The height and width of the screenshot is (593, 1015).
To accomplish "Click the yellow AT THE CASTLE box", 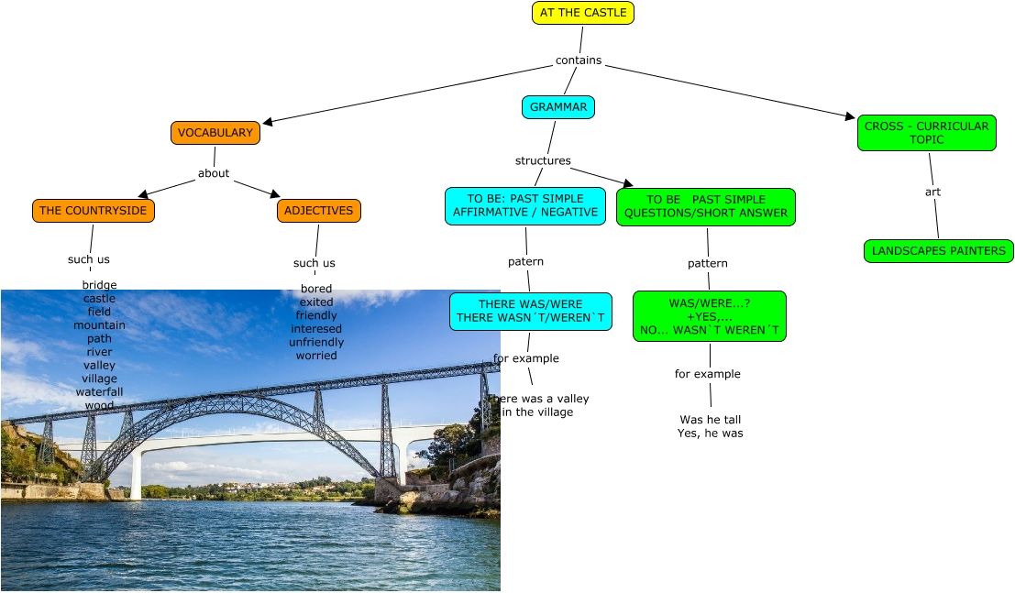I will coord(583,13).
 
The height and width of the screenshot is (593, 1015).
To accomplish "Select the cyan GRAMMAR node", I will coord(558,107).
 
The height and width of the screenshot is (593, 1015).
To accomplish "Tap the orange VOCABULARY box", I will coord(215,133).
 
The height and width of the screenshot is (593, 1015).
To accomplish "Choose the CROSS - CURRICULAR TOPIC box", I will coord(926,133).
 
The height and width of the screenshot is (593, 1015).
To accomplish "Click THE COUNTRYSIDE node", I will coord(94,211).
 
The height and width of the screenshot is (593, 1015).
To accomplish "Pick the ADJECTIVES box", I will coord(318,211).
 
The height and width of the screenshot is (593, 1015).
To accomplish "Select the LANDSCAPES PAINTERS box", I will coord(938,250).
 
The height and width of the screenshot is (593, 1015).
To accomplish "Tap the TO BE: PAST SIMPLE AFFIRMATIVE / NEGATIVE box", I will coord(525,206).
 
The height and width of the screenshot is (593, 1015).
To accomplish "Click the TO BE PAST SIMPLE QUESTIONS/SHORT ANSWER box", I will coord(705,206).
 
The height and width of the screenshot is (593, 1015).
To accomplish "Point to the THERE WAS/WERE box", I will coord(531,312).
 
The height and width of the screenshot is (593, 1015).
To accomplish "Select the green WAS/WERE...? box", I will coord(710,316).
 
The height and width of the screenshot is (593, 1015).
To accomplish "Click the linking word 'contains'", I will coord(579,60).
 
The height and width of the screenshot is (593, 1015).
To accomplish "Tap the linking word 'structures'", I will coord(543,160).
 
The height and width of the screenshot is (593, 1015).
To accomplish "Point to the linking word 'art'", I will coord(932,192).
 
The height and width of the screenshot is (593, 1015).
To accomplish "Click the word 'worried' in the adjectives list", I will coord(316,356).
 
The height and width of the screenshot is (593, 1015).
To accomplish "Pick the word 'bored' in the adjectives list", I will coord(316,289).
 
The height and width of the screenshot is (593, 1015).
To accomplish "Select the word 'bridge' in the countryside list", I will coord(99,285).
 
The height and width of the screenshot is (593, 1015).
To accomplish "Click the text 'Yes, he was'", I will coord(710,434).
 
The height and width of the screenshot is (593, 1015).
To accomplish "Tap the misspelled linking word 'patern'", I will coord(525,261).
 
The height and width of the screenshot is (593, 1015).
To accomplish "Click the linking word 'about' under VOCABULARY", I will coord(214,173).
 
